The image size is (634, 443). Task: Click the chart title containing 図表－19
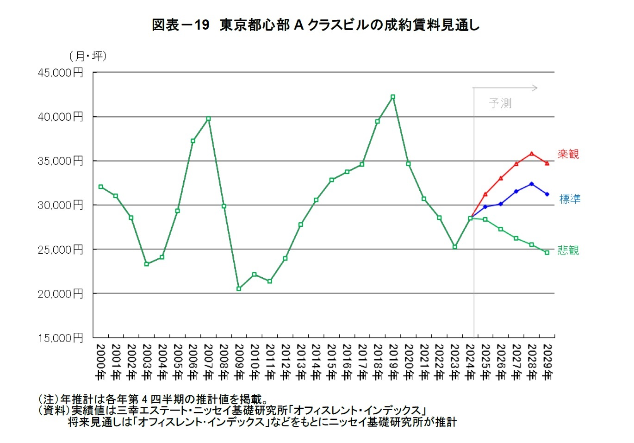(316, 25)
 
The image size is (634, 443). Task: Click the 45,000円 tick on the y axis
(61, 73)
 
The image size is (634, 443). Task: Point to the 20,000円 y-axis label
(61, 293)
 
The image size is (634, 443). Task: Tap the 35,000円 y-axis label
(61, 161)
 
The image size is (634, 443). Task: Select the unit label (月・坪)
(88, 56)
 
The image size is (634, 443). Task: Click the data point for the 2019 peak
(393, 97)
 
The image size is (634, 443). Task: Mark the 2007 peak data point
(208, 119)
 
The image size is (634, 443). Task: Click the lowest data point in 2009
(239, 288)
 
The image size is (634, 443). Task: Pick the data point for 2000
(100, 187)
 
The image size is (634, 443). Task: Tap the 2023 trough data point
(455, 247)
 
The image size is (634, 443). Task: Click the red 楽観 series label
(568, 154)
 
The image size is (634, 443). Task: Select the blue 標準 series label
(570, 199)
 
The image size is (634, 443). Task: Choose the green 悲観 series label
(568, 250)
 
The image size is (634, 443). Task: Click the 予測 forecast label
(500, 103)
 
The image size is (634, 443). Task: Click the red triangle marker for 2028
(532, 153)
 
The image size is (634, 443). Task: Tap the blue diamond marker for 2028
(532, 184)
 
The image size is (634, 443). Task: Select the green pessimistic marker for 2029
(547, 252)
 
